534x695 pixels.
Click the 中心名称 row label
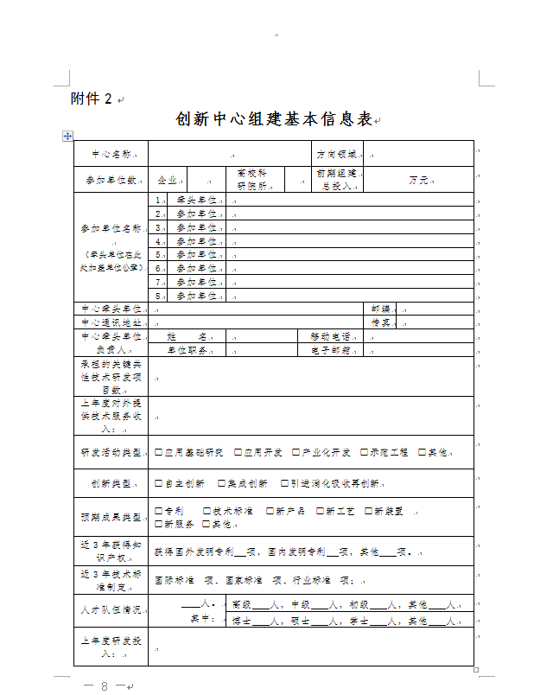(x=111, y=154)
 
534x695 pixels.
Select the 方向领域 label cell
(x=336, y=154)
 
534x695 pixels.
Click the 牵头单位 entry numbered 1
(x=197, y=200)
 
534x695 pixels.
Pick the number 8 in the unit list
(x=159, y=296)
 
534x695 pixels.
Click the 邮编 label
(x=381, y=309)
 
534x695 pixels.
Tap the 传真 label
(x=381, y=322)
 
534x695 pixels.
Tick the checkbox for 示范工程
(x=365, y=452)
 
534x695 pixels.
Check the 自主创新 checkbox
(x=159, y=483)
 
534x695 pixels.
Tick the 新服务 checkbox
(x=159, y=524)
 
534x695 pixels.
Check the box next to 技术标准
(x=207, y=511)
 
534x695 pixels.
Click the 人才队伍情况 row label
(x=111, y=609)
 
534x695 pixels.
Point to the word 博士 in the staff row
(x=242, y=620)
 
